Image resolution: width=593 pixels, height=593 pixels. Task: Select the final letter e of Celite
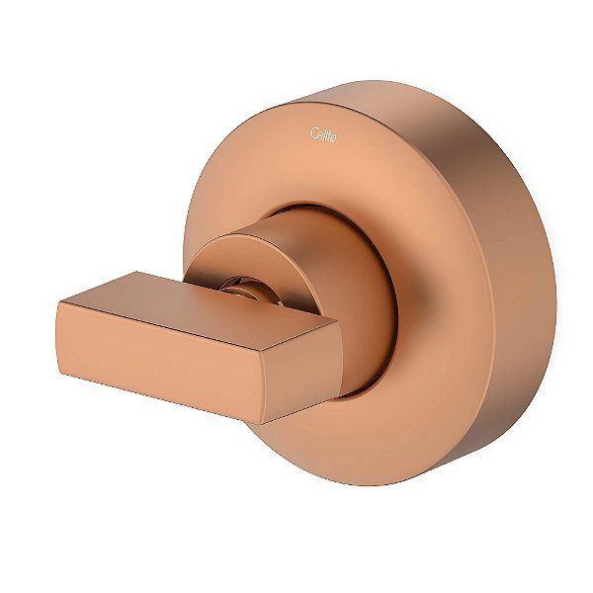coord(334,136)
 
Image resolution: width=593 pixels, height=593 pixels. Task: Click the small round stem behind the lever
coord(241,288)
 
